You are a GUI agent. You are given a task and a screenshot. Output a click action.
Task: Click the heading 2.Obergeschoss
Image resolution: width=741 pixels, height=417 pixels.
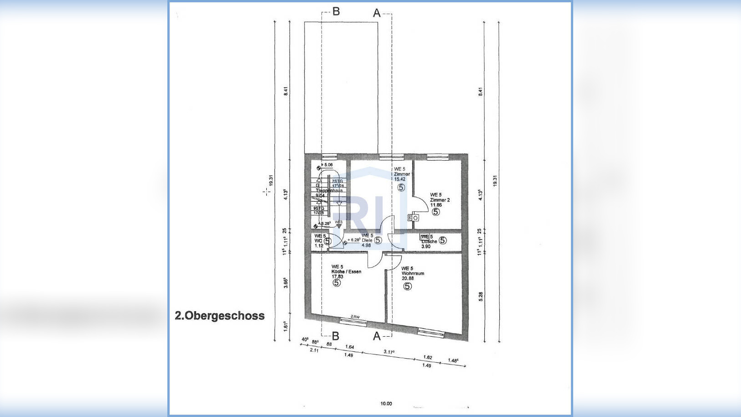219,316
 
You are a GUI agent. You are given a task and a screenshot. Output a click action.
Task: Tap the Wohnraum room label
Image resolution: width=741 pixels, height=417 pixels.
413,273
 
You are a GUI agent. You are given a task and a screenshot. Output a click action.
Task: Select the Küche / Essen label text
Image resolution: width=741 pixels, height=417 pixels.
346,271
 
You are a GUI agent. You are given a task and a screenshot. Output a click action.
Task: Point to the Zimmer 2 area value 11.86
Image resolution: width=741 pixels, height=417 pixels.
436,205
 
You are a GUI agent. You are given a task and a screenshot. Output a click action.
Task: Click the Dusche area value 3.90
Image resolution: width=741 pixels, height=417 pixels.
425,246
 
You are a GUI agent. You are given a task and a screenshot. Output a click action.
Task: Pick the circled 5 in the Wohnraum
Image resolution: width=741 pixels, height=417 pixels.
408,286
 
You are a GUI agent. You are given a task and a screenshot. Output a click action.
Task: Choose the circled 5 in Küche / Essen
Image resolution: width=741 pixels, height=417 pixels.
337,283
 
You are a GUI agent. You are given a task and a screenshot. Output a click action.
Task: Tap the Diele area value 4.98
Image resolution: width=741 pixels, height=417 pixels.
366,245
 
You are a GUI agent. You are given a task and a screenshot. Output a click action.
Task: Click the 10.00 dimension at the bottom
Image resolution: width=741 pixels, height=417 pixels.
386,403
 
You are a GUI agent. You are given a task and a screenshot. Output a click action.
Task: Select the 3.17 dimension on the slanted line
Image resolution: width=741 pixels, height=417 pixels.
389,352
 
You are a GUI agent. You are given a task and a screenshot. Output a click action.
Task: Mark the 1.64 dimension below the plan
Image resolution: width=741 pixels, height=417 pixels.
350,347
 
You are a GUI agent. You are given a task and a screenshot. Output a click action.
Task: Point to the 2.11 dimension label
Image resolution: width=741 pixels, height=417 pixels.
314,350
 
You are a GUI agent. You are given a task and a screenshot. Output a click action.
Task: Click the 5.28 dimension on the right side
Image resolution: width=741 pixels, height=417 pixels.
481,297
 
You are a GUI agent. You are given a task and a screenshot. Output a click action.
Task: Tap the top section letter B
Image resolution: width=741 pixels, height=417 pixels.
336,11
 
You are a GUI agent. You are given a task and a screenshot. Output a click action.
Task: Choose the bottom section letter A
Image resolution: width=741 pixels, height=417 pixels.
377,336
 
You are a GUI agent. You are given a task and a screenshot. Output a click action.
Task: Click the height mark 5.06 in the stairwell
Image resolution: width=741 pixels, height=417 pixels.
328,165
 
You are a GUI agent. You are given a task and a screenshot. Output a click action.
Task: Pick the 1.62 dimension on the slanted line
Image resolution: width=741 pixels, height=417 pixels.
428,357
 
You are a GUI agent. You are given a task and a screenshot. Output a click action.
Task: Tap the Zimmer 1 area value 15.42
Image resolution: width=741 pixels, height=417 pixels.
399,179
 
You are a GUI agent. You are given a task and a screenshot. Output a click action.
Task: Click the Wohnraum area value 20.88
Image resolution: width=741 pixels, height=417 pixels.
408,278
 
